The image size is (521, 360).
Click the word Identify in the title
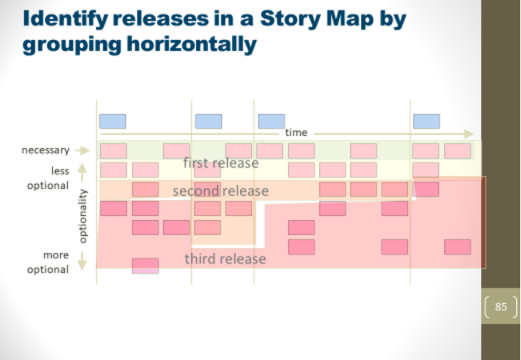coord(65,19)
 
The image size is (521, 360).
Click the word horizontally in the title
coord(192,45)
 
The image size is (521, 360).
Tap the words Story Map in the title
coord(317,19)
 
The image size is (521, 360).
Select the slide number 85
coord(501,306)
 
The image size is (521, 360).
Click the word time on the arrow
coord(296,133)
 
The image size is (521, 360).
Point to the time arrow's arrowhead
coord(469,134)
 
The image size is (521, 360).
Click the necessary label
coord(46,150)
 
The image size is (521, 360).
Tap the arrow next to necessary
coord(82,150)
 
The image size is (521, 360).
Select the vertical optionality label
coord(82,216)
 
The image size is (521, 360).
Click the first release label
coord(221,163)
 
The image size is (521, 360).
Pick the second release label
coord(221,191)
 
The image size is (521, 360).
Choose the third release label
coord(225,259)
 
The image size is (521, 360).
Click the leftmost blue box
coord(113,122)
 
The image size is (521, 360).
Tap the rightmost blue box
coord(427,122)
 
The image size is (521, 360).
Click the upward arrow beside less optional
coord(82,172)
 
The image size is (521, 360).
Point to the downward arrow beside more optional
coord(82,261)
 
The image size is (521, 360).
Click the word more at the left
coord(56,255)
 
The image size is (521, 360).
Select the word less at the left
coord(60,170)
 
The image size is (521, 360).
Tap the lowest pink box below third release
coord(146,266)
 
